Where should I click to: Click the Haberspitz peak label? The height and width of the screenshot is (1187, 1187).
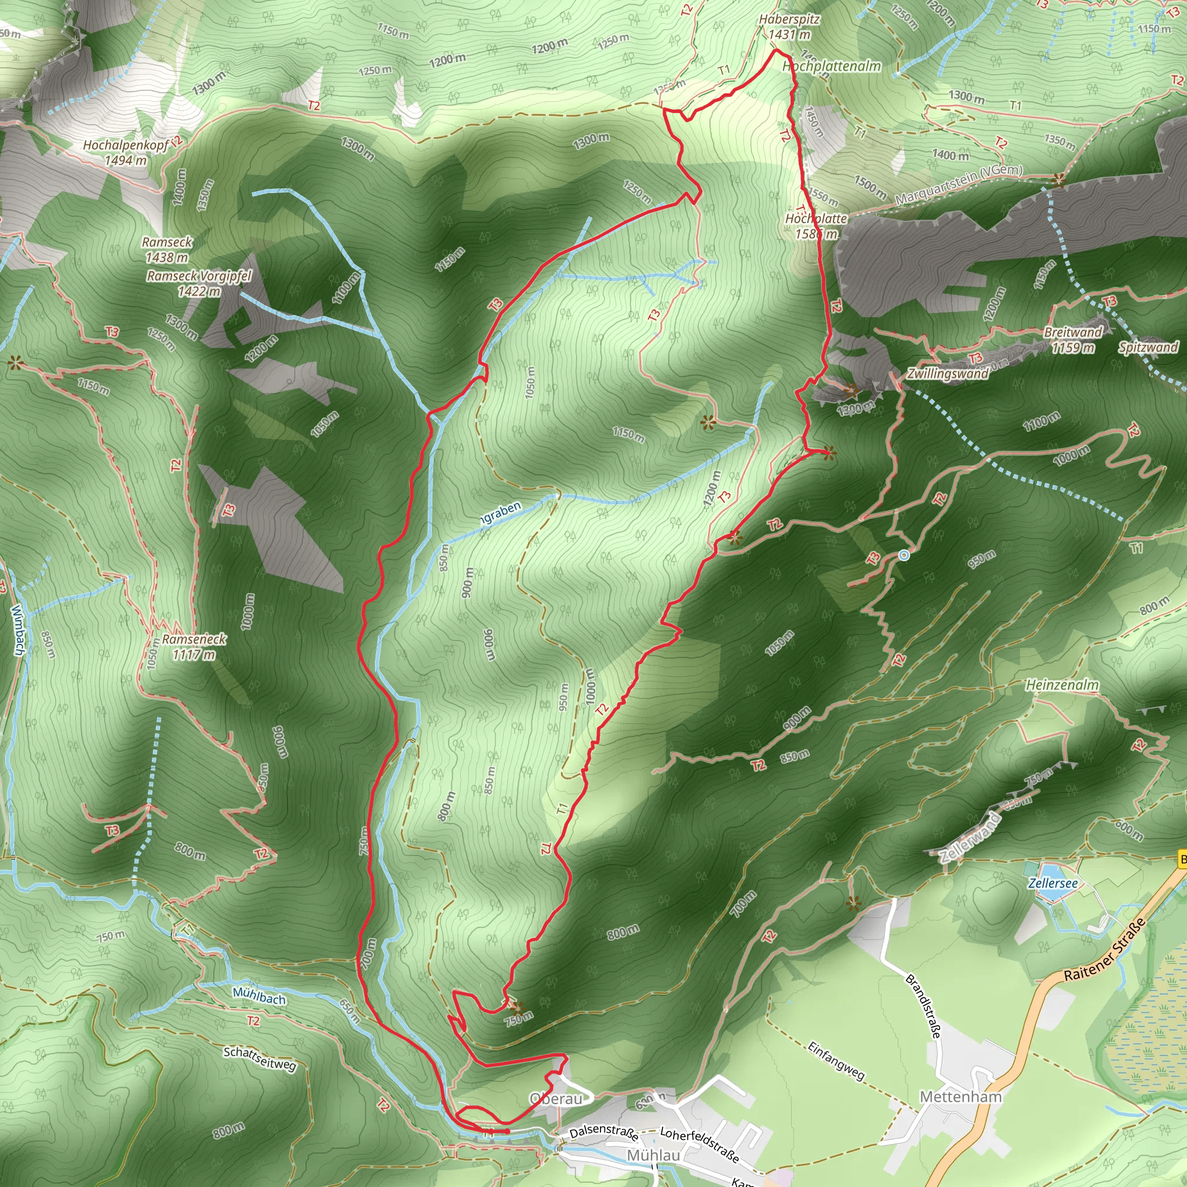[789, 27]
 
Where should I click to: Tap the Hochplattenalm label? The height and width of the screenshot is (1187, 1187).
[832, 66]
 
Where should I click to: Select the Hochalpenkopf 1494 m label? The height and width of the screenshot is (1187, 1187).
[125, 152]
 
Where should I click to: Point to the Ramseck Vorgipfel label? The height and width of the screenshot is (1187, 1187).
[199, 283]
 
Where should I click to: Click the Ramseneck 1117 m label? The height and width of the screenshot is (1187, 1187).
[194, 647]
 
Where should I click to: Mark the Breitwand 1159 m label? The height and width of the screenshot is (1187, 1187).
[1073, 340]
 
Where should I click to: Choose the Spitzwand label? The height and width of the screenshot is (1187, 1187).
[1148, 347]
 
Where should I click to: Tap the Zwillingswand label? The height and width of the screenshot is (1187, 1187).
[948, 374]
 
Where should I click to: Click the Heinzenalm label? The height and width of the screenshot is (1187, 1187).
[1062, 684]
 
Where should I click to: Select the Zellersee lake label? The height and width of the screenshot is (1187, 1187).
[1053, 883]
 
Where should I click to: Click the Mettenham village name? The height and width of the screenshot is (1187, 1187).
[960, 1097]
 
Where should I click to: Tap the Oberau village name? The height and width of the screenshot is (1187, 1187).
[555, 1098]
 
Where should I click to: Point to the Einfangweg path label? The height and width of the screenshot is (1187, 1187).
[836, 1061]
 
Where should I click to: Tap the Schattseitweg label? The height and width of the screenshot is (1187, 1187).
[260, 1058]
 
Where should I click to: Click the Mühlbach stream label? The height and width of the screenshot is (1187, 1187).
[258, 996]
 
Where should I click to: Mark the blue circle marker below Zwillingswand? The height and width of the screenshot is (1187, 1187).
[904, 555]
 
